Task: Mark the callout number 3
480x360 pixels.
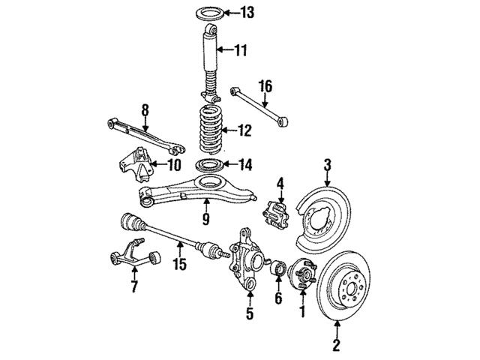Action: point(328,163)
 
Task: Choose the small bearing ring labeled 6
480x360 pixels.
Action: point(275,268)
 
